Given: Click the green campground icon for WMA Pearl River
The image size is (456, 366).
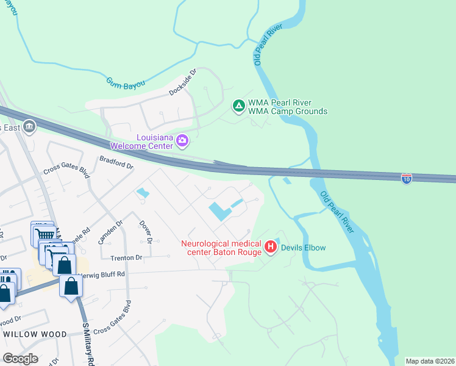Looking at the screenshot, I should pos(239,107).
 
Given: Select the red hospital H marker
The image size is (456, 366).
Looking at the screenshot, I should pos(271,248).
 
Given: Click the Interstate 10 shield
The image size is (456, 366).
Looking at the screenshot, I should pos(407,178).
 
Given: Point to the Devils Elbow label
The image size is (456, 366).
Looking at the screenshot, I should pos(303,248).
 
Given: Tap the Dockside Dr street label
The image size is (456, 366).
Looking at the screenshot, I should pos(183,82).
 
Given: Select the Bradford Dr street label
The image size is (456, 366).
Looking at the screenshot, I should pos(116,162).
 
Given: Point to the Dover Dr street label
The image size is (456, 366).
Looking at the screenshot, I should pos(145,231).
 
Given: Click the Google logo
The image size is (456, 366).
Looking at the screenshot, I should pos(21,359).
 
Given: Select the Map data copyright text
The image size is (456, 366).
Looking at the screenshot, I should pos(430,361).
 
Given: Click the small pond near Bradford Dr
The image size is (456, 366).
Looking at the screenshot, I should pos(143,194).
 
